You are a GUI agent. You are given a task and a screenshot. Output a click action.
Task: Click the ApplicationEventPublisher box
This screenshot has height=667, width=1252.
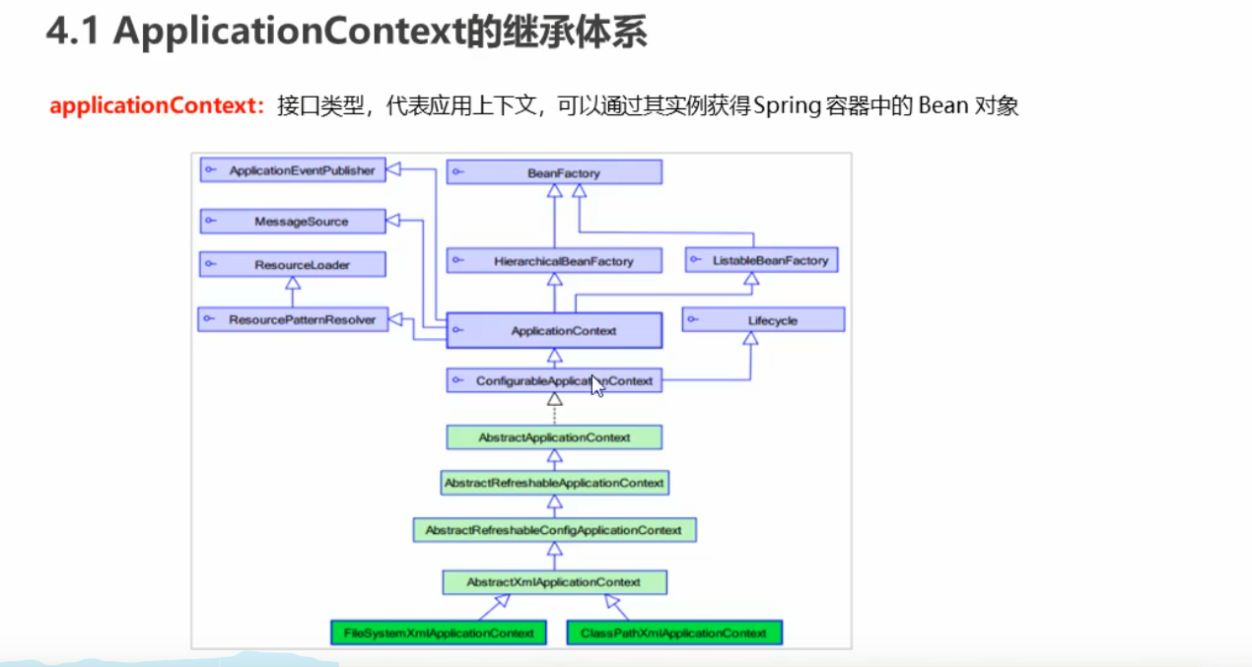pos(292,170)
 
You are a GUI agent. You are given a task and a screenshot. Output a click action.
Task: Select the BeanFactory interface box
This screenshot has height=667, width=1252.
pos(554,172)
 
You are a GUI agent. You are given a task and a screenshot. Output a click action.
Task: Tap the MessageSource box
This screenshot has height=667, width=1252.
pos(292,222)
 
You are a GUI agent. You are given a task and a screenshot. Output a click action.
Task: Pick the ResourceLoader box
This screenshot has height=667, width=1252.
pos(292,265)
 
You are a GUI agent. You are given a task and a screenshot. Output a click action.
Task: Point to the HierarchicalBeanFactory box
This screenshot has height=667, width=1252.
pos(554,261)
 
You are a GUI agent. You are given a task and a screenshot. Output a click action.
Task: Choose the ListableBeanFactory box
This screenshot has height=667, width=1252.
pos(761,261)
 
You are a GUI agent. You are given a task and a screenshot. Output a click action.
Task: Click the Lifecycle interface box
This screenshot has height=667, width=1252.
pos(763,320)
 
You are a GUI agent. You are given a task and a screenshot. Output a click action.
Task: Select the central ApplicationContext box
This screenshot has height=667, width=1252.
pos(554,331)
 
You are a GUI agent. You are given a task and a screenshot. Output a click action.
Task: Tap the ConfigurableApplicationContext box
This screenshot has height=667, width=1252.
pos(554,380)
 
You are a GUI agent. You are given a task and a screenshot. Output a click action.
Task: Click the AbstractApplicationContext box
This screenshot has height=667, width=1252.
pos(554,437)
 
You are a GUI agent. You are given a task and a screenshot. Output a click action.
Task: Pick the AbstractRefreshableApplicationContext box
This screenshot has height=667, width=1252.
pos(554,483)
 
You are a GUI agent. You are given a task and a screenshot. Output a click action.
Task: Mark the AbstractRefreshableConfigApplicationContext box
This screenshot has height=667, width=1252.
pos(554,530)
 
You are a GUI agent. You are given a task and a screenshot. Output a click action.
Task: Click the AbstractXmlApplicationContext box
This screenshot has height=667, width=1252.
pos(554,582)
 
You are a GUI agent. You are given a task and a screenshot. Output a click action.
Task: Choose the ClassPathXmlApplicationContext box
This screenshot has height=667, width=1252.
pos(674,633)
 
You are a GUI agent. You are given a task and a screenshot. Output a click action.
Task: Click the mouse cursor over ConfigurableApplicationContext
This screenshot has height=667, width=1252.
pos(596,385)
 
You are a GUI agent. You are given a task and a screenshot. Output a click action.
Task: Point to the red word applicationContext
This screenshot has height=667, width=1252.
pos(153,106)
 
